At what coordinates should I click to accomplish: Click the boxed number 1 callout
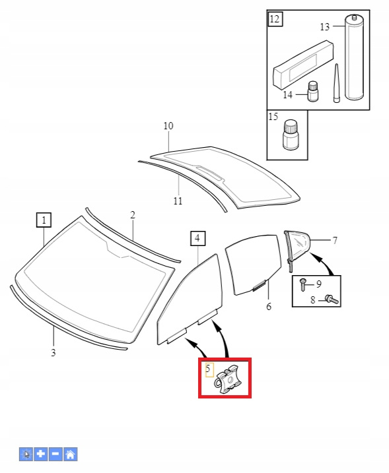pos(44,220)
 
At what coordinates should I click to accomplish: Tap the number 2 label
pos(133,215)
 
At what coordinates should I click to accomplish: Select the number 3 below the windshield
pos(53,352)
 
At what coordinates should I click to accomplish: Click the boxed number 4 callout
pos(198,238)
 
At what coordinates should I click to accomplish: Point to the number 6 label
pos(269,307)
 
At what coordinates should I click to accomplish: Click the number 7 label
pos(335,240)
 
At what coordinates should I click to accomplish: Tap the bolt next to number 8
pos(332,300)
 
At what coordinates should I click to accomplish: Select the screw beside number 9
pos(302,285)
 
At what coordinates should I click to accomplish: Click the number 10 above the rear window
pos(168,126)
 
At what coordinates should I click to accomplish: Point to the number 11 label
pos(178,201)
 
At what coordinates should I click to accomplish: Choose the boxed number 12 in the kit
pos(275,19)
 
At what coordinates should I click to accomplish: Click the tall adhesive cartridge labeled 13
pos(354,57)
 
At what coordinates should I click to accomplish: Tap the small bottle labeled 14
pos(313,91)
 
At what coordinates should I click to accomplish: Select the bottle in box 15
pos(291,134)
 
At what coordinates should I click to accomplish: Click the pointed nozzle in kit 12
pos(336,83)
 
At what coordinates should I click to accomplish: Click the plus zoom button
pos(41,454)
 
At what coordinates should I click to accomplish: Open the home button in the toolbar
pos(71,454)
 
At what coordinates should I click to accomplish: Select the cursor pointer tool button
pos(26,454)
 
